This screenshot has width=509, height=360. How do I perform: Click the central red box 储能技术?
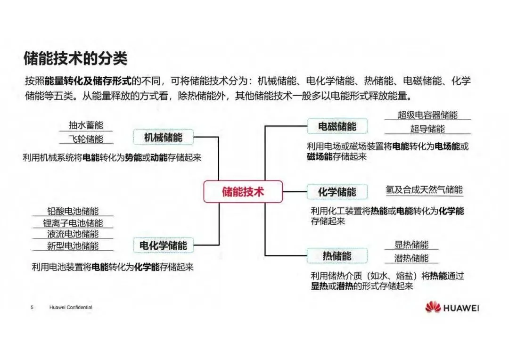point(243,192)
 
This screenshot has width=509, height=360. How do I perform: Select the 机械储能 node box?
point(163,137)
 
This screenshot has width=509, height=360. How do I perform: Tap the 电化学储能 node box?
point(163,245)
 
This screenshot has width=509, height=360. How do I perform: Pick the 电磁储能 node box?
point(337,126)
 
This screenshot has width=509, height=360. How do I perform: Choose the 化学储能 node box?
point(337,192)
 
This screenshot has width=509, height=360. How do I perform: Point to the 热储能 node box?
point(337,256)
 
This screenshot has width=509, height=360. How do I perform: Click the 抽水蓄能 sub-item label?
point(85,125)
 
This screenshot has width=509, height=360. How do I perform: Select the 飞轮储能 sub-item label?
point(85,139)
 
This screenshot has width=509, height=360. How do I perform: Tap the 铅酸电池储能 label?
point(73,212)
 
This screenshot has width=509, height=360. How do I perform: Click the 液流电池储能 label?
point(73,234)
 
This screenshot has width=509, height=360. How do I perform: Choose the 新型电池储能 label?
point(73,245)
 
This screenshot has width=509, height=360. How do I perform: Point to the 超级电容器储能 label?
point(427,115)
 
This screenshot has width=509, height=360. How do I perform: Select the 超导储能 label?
point(427,129)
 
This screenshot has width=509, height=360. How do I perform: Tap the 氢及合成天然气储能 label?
point(424,190)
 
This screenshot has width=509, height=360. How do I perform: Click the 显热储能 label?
point(411,245)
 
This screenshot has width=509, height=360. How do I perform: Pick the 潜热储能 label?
point(411,258)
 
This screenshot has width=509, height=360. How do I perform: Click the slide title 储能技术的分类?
point(76,59)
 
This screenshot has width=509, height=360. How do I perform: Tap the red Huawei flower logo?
point(433,308)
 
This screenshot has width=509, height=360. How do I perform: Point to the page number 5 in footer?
point(32,308)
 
